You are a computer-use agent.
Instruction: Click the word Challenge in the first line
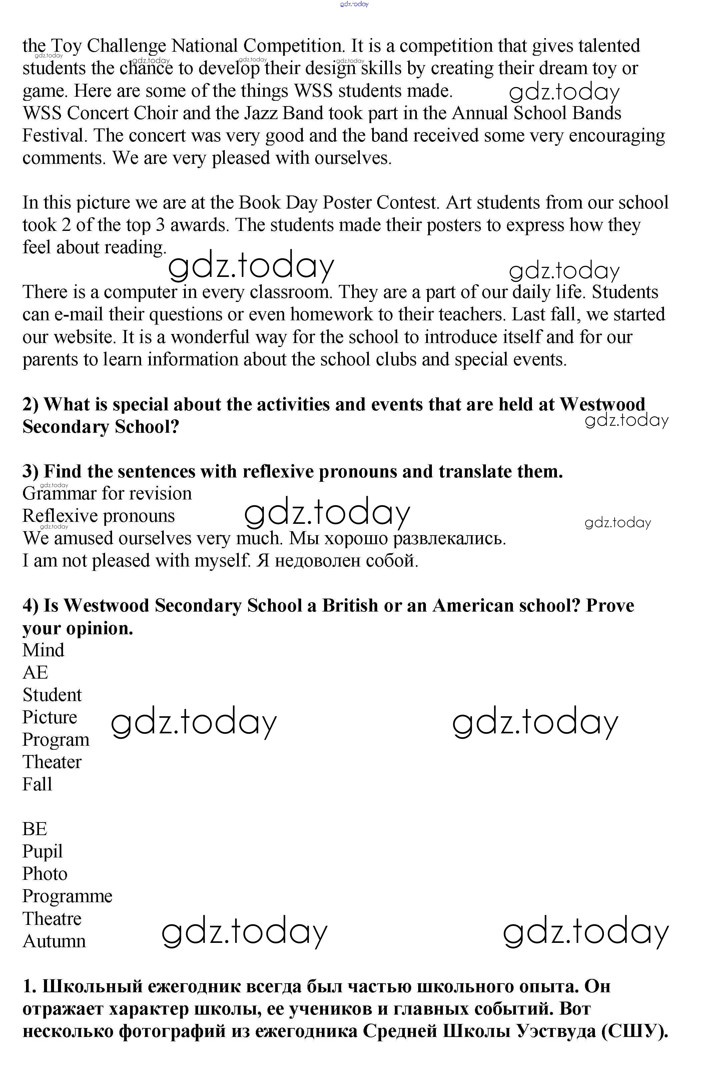(126, 46)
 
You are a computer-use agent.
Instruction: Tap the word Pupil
(42, 852)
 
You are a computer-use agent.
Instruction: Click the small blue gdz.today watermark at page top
(355, 4)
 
